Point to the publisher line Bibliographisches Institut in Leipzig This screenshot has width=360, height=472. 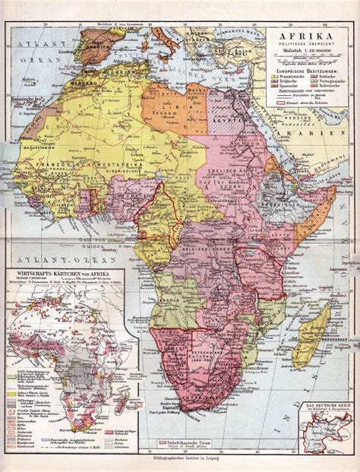(x=180, y=464)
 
